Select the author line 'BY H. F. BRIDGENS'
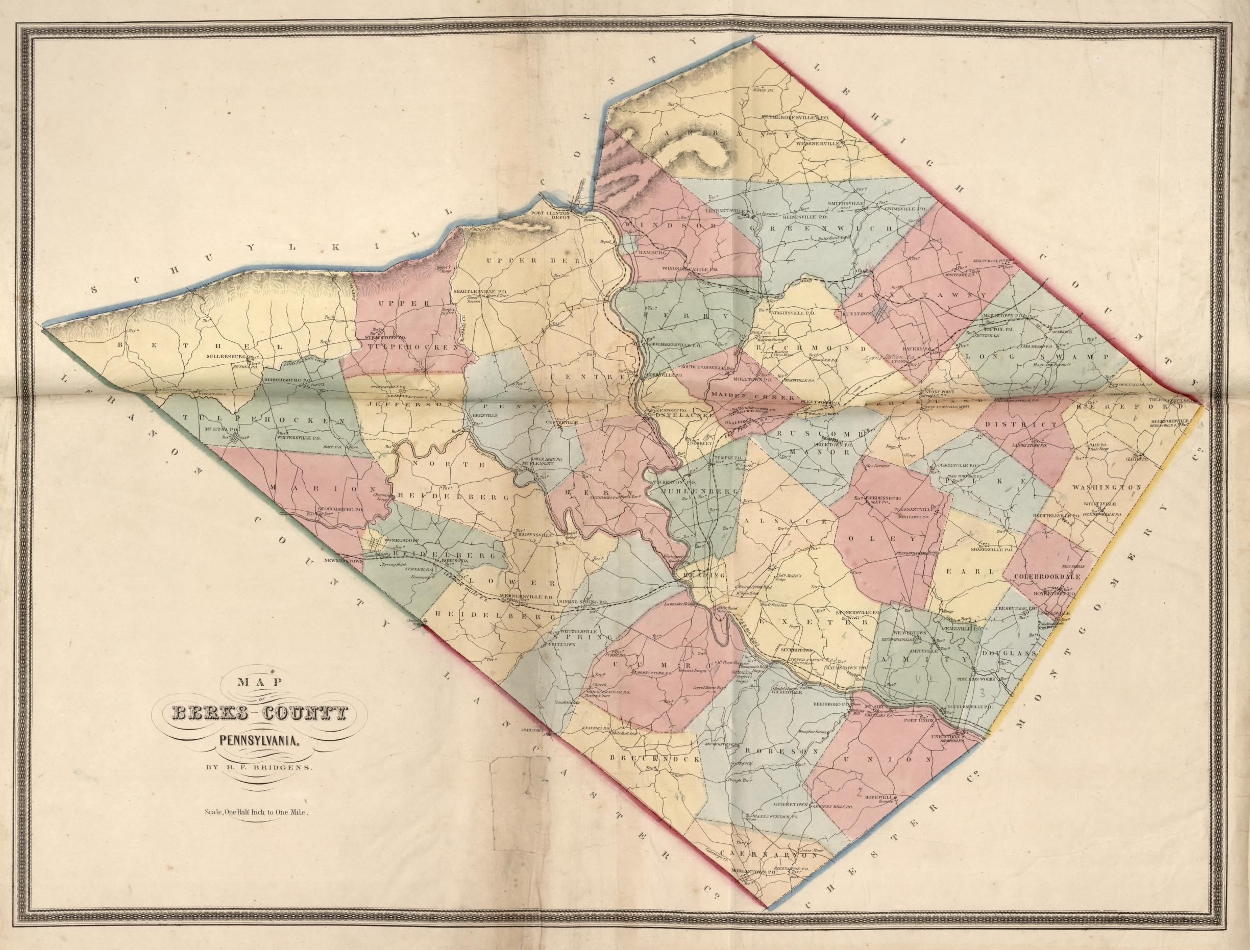click(x=253, y=768)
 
